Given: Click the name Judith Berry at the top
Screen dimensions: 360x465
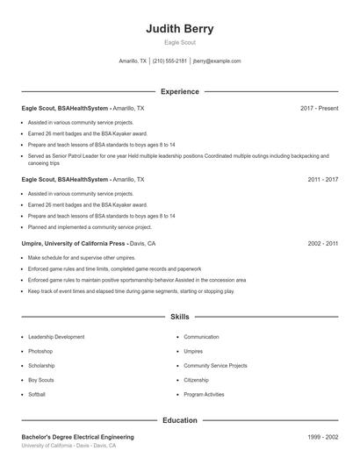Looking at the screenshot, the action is pos(179,28).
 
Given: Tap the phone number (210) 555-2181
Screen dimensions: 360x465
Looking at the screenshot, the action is pos(169,61).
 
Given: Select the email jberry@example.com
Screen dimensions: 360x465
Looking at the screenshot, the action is pos(216,61).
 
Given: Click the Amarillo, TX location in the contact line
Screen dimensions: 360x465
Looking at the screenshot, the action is pos(133,61).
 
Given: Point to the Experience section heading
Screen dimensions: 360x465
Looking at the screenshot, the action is pos(179,91).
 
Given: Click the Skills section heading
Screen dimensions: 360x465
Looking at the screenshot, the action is pos(179,316).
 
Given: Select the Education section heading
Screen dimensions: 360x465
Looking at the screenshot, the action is pos(179,420).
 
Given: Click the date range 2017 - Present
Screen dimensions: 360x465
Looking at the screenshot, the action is pos(319,108).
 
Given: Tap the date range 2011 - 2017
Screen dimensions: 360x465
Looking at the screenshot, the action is pos(323,179).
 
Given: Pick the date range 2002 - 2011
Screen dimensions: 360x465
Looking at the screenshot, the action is pos(323,243).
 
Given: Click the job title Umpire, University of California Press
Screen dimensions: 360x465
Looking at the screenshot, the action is pos(74,243).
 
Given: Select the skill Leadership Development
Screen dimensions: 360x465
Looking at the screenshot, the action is pos(56,337).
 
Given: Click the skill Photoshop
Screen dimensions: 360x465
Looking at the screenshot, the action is pos(40,351).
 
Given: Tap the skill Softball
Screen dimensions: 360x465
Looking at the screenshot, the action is pos(37,395).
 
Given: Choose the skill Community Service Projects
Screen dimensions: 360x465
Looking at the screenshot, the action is pos(215,366).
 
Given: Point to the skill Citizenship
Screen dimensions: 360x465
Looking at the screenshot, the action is pos(196,380).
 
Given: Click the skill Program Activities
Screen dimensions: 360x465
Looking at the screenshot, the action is pos(204,395).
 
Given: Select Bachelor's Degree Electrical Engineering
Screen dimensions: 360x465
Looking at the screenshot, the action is pos(78,437).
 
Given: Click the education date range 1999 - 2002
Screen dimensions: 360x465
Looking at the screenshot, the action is pos(323,437).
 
